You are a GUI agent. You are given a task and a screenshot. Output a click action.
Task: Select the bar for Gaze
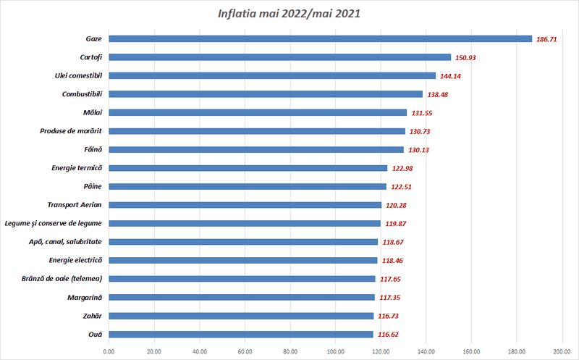(320, 38)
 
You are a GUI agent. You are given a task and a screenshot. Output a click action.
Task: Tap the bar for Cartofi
(279, 57)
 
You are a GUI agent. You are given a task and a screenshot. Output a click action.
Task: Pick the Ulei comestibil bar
(272, 75)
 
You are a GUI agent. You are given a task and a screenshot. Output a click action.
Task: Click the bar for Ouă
(241, 334)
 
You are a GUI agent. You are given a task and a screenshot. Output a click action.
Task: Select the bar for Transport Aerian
(245, 205)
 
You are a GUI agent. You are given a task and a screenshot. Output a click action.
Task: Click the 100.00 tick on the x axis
(335, 352)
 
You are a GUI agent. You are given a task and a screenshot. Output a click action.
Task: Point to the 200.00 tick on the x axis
(562, 352)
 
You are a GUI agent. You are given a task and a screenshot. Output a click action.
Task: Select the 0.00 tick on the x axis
(109, 352)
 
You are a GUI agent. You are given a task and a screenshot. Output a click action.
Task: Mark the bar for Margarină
(242, 297)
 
